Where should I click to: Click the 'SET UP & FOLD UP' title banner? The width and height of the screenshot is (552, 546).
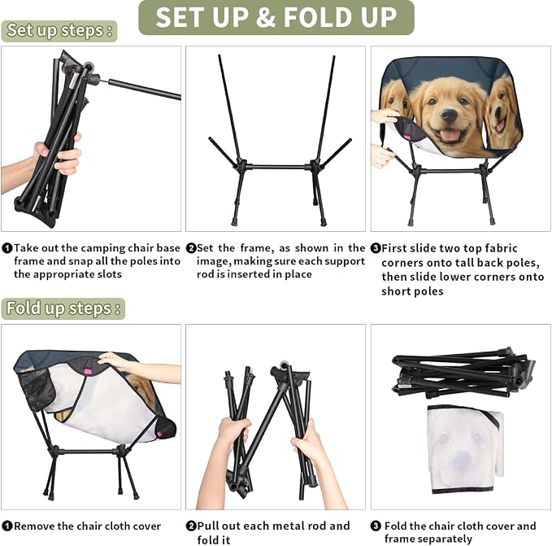pyautogui.click(x=276, y=17)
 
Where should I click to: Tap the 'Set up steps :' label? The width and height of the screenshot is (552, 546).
pyautogui.click(x=59, y=31)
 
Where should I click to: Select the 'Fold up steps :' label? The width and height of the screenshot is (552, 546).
pyautogui.click(x=63, y=308)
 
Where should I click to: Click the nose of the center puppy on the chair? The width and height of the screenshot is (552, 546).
pyautogui.click(x=450, y=115)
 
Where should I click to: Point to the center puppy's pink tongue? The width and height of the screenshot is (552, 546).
pyautogui.click(x=449, y=134)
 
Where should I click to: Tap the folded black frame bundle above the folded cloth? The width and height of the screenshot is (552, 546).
pyautogui.click(x=463, y=372)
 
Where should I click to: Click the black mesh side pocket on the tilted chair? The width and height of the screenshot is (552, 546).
pyautogui.click(x=36, y=388)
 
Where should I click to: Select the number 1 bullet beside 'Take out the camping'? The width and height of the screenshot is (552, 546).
pyautogui.click(x=7, y=248)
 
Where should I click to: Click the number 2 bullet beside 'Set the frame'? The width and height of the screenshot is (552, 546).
pyautogui.click(x=191, y=248)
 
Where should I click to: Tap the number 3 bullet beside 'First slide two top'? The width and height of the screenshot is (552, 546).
pyautogui.click(x=376, y=248)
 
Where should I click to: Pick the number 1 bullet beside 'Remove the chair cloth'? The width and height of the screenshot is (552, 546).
pyautogui.click(x=7, y=526)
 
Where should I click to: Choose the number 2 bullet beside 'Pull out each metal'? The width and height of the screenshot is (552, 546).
pyautogui.click(x=191, y=526)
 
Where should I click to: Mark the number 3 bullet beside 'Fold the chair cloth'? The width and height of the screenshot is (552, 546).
pyautogui.click(x=376, y=526)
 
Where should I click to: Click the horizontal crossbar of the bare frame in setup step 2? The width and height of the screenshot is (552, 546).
pyautogui.click(x=277, y=167)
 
